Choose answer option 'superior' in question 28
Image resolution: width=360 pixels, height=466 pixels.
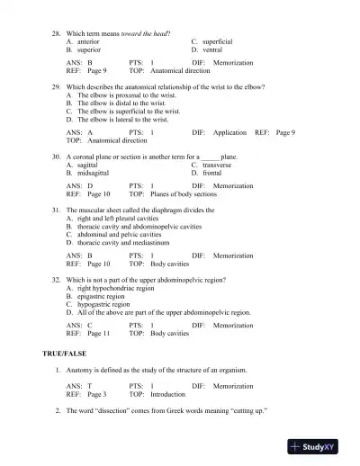(89, 49)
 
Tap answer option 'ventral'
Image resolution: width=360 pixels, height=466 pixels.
(212, 49)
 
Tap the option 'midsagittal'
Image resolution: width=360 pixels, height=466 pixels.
(94, 174)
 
